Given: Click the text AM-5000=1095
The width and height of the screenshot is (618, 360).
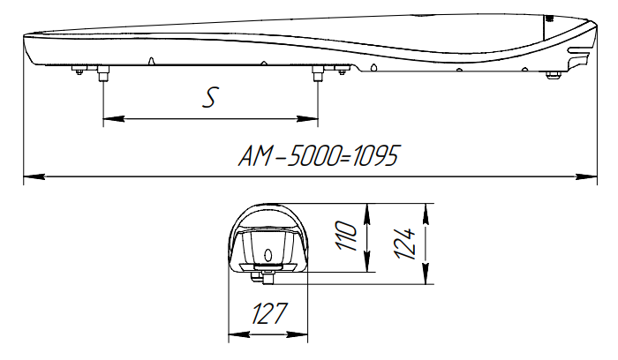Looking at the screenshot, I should tap(320, 157).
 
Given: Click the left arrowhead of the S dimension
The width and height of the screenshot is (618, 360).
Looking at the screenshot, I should tap(109, 119).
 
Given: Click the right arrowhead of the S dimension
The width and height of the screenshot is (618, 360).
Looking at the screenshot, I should tap(312, 119).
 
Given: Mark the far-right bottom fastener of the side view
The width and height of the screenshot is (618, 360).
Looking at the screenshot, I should tap(554, 74).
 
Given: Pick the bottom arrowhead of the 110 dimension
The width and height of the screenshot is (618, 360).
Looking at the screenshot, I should tap(367, 267).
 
